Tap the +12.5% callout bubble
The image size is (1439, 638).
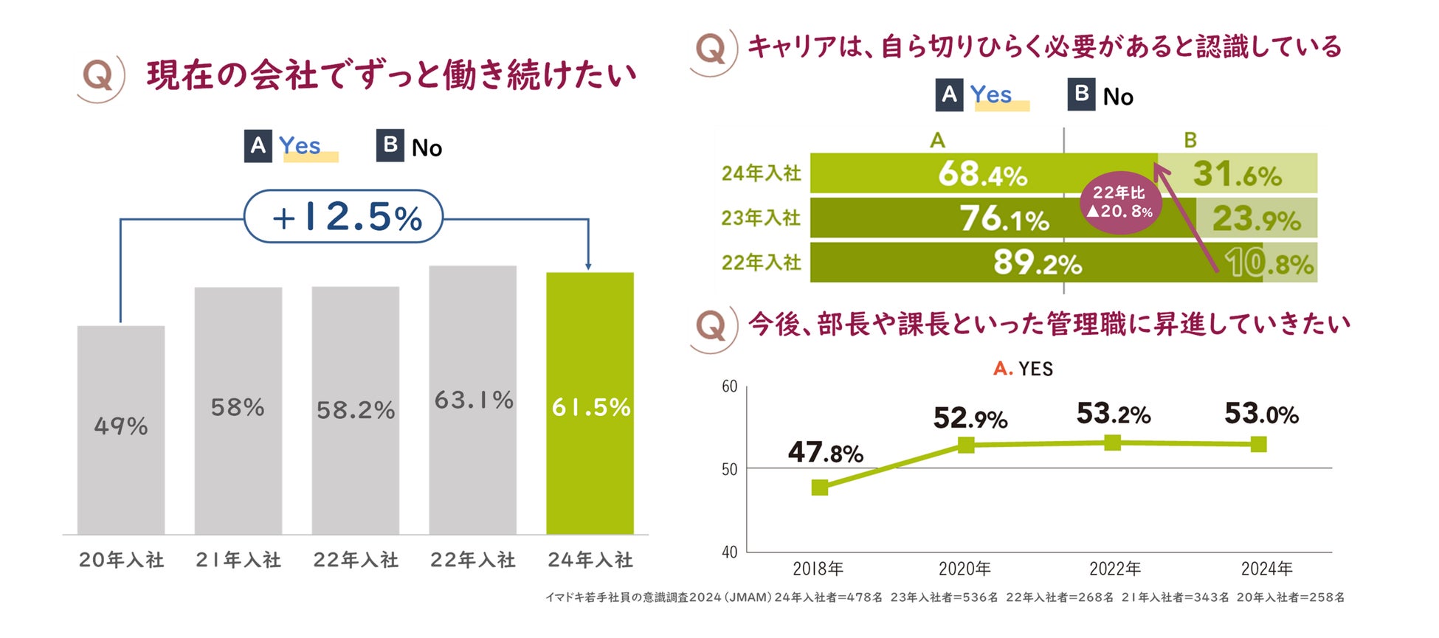[344, 217]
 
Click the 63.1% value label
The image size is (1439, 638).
[474, 401]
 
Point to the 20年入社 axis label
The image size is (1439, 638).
[122, 561]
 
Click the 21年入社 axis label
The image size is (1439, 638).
[238, 561]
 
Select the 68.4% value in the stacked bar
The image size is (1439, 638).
[982, 175]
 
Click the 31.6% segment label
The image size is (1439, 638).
[1237, 175]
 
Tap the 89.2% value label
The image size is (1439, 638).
[1037, 263]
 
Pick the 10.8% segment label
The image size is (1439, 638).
[1269, 263]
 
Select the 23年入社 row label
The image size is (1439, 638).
[761, 218]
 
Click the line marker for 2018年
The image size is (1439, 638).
[819, 488]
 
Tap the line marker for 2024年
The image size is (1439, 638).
[1259, 444]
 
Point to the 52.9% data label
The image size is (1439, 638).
[970, 419]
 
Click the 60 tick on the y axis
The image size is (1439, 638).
[729, 386]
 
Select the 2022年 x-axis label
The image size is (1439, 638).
[1114, 569]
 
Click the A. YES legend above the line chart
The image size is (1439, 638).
[1023, 369]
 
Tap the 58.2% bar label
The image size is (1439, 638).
[356, 410]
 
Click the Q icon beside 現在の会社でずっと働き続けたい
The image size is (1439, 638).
[100, 76]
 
